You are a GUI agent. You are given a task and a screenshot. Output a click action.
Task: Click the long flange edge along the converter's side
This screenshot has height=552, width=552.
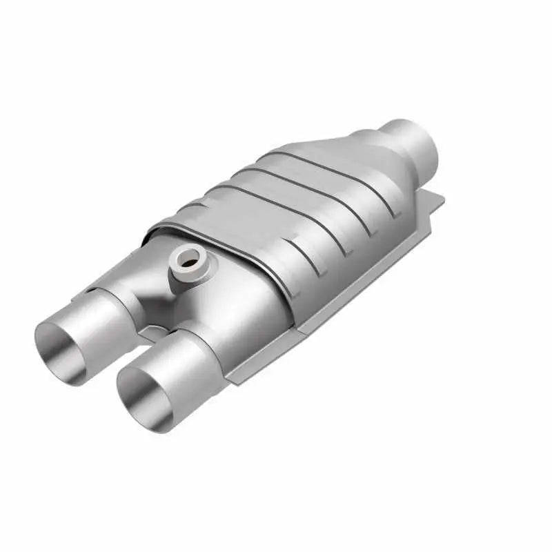pyautogui.click(x=331, y=304)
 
